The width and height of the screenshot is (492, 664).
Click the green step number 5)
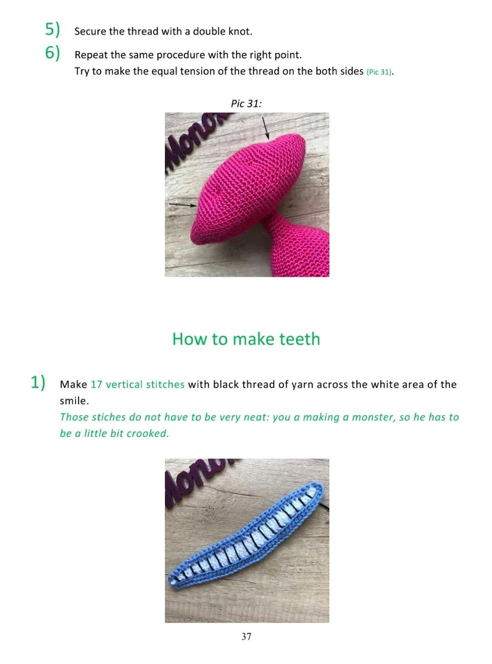pyautogui.click(x=52, y=30)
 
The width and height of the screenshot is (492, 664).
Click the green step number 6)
pyautogui.click(x=52, y=53)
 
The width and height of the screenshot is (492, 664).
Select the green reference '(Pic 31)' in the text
pyautogui.click(x=379, y=72)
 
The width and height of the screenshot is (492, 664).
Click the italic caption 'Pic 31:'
pyautogui.click(x=246, y=103)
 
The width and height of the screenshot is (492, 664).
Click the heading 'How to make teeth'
pyautogui.click(x=246, y=339)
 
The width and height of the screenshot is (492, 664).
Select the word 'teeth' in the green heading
pyautogui.click(x=299, y=339)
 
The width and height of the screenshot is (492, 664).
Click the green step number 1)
pyautogui.click(x=38, y=382)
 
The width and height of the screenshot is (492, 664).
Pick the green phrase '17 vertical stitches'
pyautogui.click(x=138, y=384)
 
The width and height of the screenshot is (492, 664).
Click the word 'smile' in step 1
pyautogui.click(x=73, y=401)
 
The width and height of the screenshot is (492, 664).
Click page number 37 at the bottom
pyautogui.click(x=246, y=637)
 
